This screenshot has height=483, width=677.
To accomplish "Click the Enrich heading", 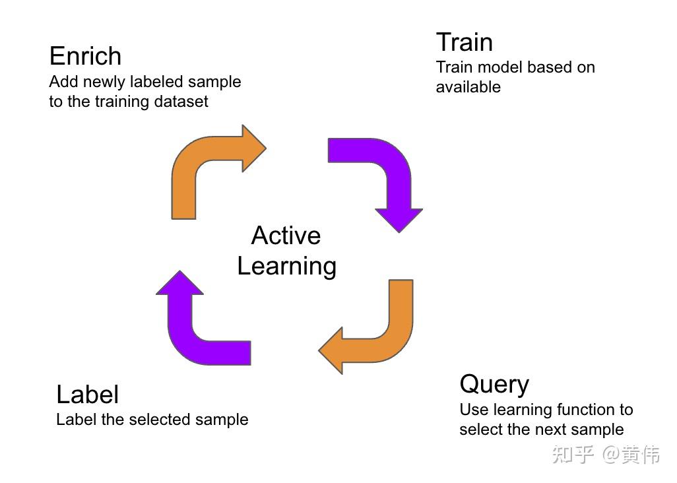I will (x=85, y=56).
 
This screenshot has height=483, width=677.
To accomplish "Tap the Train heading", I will (x=464, y=42).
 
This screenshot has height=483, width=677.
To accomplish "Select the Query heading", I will (x=494, y=384).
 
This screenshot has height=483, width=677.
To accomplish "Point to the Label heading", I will (x=87, y=395).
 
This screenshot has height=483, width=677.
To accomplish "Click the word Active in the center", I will (x=286, y=236).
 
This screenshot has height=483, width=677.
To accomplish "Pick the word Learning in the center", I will (x=286, y=266).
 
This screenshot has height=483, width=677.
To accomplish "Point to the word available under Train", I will (x=468, y=87).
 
